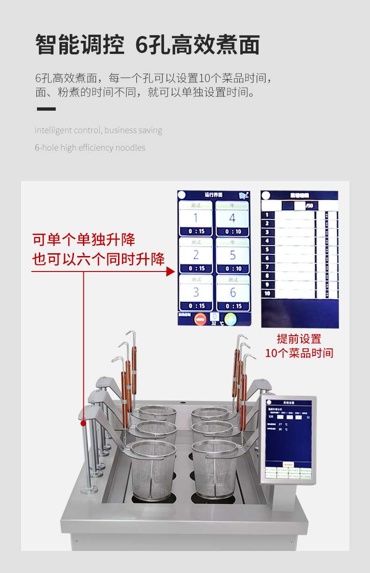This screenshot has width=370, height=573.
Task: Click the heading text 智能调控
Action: [80, 45]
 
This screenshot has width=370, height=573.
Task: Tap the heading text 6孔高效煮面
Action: [197, 45]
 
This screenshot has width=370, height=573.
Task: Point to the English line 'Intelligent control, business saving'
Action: [98, 130]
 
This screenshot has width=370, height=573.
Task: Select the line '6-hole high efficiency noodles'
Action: [90, 148]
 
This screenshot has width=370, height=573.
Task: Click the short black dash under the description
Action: [46, 109]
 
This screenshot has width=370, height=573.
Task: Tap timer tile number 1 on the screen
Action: [196, 219]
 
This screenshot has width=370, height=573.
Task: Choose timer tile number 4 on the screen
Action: [232, 219]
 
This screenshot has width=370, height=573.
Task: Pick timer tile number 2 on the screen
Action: [196, 256]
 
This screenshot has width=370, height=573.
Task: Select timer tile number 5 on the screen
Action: [232, 256]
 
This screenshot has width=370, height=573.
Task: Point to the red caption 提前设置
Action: [299, 339]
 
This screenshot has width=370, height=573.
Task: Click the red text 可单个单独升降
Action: [84, 240]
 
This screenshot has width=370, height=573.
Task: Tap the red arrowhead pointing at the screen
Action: [170, 271]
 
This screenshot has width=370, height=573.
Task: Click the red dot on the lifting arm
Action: [83, 423]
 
